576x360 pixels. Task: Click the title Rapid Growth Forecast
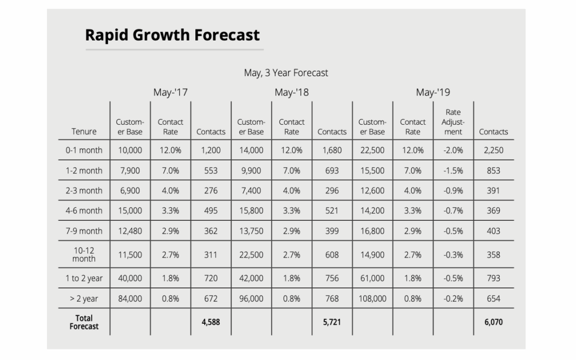pyautogui.click(x=172, y=35)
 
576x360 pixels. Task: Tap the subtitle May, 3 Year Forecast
pyautogui.click(x=286, y=73)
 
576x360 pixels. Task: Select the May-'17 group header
pyautogui.click(x=170, y=92)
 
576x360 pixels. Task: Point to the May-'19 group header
pyautogui.click(x=433, y=92)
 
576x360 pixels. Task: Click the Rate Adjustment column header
pyautogui.click(x=453, y=122)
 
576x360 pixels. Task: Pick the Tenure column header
pyautogui.click(x=84, y=131)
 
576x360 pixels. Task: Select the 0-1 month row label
pyautogui.click(x=84, y=150)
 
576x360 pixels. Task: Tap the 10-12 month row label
pyautogui.click(x=84, y=254)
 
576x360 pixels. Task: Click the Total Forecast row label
pyautogui.click(x=84, y=322)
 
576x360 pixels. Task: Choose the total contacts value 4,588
pyautogui.click(x=211, y=322)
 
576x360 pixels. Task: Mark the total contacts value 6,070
pyautogui.click(x=493, y=322)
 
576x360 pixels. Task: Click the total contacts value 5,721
pyautogui.click(x=332, y=322)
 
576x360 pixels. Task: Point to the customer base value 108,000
pyautogui.click(x=372, y=299)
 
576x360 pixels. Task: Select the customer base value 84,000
pyautogui.click(x=130, y=299)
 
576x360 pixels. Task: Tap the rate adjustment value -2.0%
pyautogui.click(x=453, y=150)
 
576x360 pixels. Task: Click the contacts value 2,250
pyautogui.click(x=493, y=150)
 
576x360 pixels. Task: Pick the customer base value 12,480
pyautogui.click(x=130, y=231)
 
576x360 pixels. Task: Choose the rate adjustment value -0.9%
pyautogui.click(x=453, y=190)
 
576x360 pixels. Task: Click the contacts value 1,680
pyautogui.click(x=332, y=150)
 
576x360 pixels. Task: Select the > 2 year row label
pyautogui.click(x=84, y=299)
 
